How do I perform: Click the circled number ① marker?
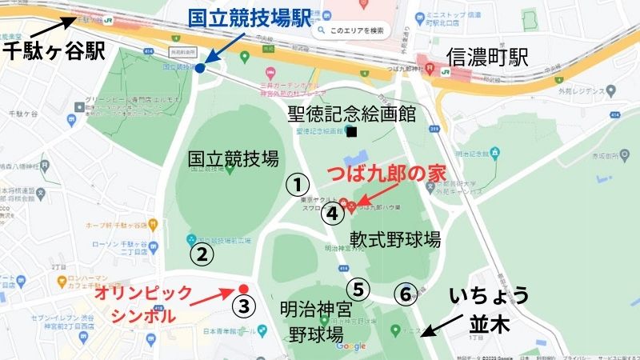coord(298,185)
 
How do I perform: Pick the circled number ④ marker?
coord(334,214)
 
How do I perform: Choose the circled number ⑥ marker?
coord(406,294)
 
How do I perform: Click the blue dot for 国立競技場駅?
coord(200,69)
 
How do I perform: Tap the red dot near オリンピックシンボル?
coord(244,289)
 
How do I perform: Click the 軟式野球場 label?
coord(395,238)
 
